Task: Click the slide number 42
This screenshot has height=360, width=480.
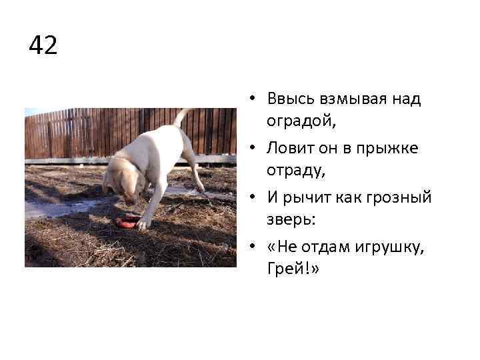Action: coord(43,46)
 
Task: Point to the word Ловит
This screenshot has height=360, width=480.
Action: coord(287,148)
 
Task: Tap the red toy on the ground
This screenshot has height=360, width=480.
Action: coord(128,221)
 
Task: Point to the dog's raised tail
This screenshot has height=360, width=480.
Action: coord(181,116)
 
